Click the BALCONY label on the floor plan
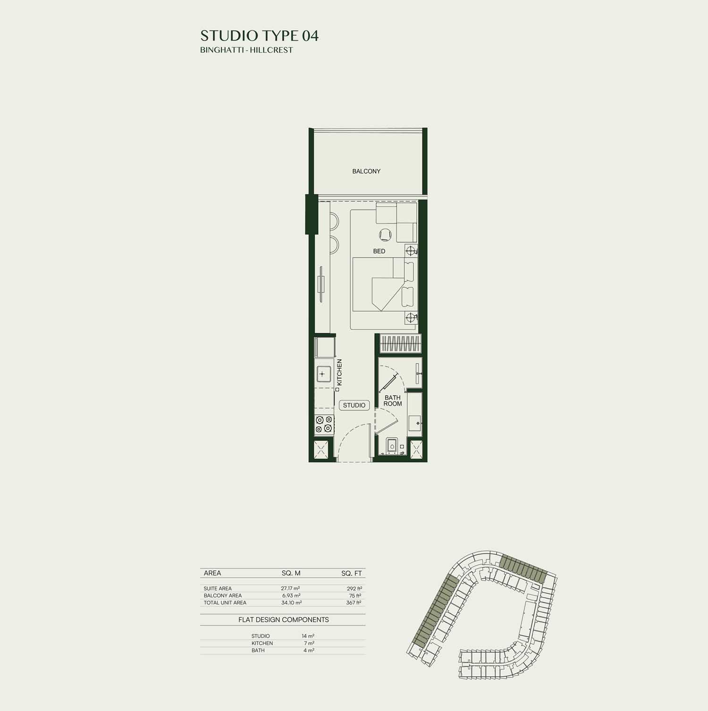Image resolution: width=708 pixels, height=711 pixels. tap(366, 171)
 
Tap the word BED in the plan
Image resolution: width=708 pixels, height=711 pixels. tap(379, 251)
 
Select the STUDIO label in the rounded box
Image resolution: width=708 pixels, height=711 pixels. tap(354, 405)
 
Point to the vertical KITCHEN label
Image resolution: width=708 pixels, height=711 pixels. tap(339, 372)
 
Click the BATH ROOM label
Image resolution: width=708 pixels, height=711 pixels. tap(393, 401)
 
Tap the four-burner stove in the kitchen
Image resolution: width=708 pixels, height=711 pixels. tap(324, 424)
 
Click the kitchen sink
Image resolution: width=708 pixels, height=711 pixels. tap(322, 374)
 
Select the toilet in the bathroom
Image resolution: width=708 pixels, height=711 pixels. tap(392, 447)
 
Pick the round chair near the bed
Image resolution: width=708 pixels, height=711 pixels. tap(386, 234)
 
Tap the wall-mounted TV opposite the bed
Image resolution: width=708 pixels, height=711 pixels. tap(321, 285)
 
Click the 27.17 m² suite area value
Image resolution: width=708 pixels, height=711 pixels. tap(290, 589)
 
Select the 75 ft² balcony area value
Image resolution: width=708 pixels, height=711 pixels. tap(355, 596)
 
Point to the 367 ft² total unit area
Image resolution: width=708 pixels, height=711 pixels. tap(354, 603)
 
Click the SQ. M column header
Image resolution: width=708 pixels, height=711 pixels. tap(291, 573)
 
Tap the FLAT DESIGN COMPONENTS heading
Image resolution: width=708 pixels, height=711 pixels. tap(283, 619)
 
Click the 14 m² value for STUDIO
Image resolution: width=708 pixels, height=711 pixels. tap(308, 636)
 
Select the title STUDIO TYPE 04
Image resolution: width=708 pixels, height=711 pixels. tap(259, 36)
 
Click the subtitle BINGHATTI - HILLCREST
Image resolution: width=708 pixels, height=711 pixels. tap(246, 50)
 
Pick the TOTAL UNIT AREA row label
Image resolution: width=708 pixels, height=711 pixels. tap(225, 603)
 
